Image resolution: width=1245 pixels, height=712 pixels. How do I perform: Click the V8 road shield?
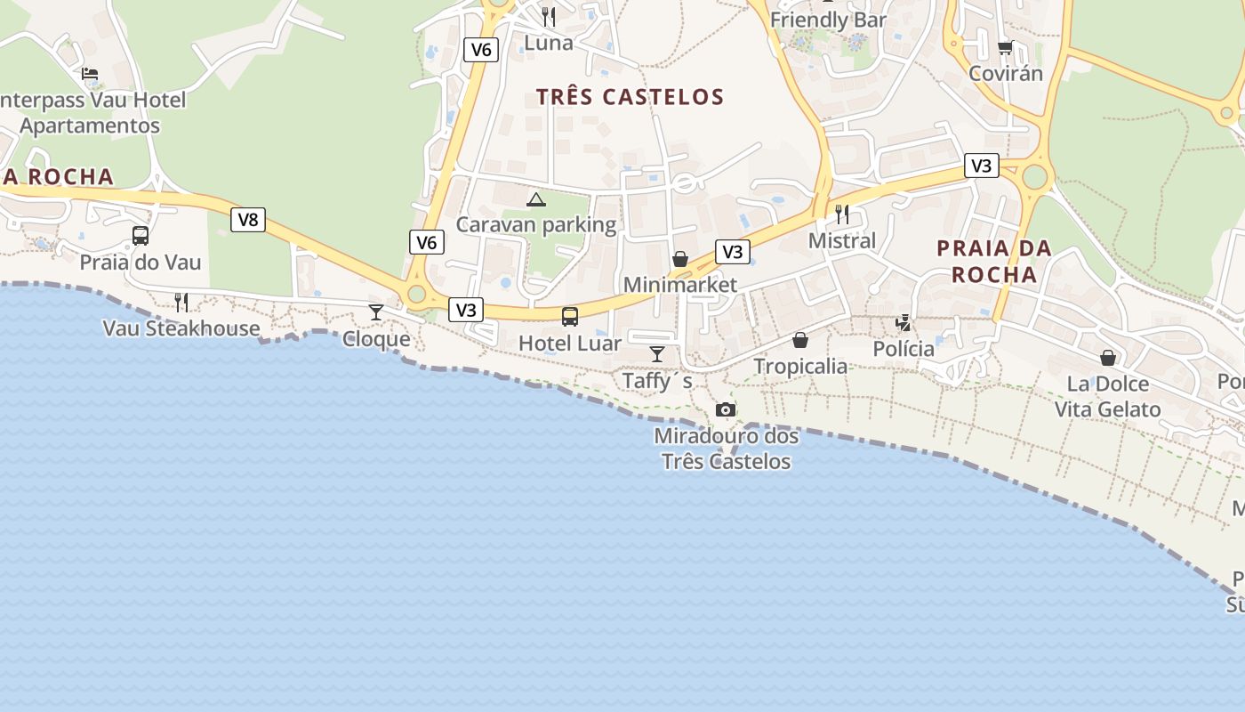pyautogui.click(x=248, y=220)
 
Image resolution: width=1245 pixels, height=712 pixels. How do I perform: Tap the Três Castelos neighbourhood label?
pyautogui.click(x=630, y=97)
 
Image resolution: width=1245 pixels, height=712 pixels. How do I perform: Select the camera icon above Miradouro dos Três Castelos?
pyautogui.click(x=726, y=410)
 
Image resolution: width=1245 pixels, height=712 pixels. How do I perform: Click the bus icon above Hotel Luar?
pyautogui.click(x=570, y=316)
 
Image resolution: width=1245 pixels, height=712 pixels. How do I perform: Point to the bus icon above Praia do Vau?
pyautogui.click(x=141, y=236)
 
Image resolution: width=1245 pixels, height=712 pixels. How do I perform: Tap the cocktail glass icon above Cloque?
pyautogui.click(x=376, y=312)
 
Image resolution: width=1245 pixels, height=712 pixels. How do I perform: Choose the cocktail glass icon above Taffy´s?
pyautogui.click(x=657, y=354)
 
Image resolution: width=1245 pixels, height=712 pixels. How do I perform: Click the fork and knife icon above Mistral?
pyautogui.click(x=842, y=214)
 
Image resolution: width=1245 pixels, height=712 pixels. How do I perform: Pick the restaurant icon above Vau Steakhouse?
pyautogui.click(x=181, y=303)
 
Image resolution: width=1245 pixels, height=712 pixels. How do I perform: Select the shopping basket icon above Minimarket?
pyautogui.click(x=680, y=259)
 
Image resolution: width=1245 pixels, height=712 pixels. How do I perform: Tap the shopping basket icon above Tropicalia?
pyautogui.click(x=800, y=340)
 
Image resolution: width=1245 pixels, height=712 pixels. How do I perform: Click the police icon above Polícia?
pyautogui.click(x=904, y=323)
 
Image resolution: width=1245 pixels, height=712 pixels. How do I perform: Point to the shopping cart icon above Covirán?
pyautogui.click(x=1005, y=47)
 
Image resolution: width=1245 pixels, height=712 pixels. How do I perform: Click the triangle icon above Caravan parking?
pyautogui.click(x=535, y=199)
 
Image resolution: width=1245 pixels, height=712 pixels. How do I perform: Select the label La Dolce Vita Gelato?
pyautogui.click(x=1108, y=397)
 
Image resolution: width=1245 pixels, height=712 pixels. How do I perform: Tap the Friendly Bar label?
pyautogui.click(x=829, y=20)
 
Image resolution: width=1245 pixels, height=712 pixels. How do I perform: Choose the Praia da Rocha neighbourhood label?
pyautogui.click(x=994, y=261)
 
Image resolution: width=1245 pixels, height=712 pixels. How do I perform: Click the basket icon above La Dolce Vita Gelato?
pyautogui.click(x=1108, y=358)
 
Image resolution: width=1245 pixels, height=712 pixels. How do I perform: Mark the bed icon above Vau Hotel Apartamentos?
pyautogui.click(x=90, y=74)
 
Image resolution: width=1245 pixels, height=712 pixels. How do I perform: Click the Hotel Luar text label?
pyautogui.click(x=570, y=343)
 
